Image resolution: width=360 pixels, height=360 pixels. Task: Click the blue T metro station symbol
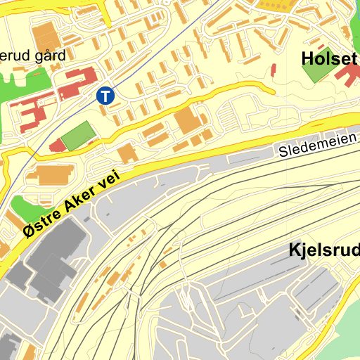click(105, 95)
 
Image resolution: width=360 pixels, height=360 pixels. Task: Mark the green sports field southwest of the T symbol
click(77, 135)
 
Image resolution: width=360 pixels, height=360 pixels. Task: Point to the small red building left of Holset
click(273, 70)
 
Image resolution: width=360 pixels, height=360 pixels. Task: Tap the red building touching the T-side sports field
click(56, 146)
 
